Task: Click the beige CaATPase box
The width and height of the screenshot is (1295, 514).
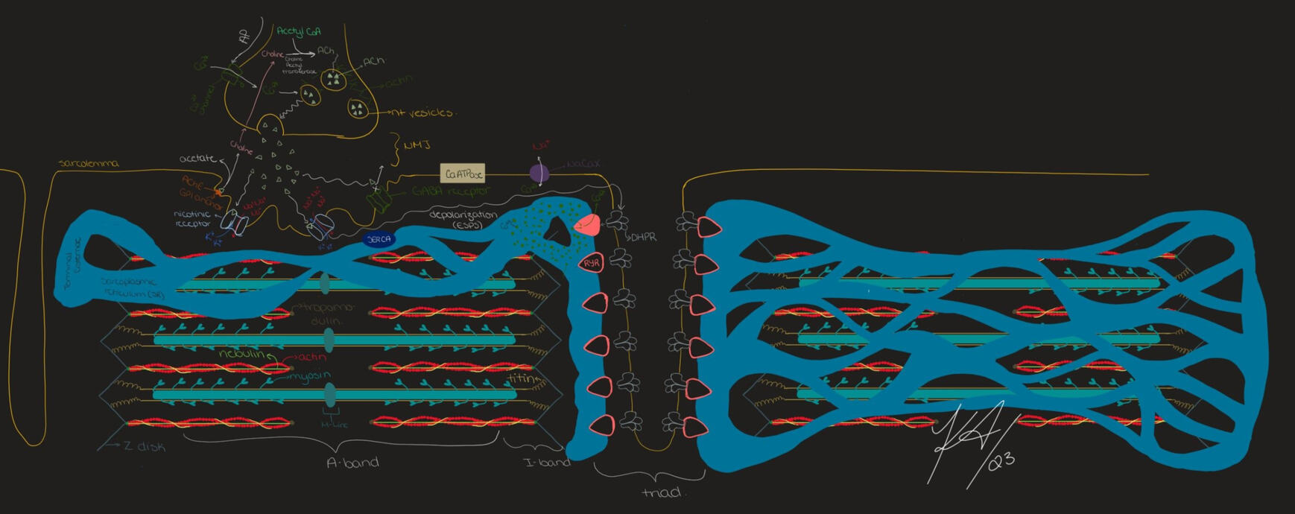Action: click(463, 174)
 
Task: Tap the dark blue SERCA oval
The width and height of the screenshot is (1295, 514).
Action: click(379, 239)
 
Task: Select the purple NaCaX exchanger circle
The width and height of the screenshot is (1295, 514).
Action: click(539, 174)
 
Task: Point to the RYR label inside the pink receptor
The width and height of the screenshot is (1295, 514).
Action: click(592, 263)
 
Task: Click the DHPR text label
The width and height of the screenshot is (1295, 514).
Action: click(643, 238)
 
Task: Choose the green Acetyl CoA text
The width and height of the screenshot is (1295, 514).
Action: click(299, 32)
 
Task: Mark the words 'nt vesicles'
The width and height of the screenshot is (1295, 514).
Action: click(422, 112)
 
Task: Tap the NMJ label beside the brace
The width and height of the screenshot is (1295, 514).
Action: click(417, 146)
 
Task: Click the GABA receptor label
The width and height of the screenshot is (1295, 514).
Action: click(451, 191)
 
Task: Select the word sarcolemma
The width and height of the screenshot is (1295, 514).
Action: click(89, 163)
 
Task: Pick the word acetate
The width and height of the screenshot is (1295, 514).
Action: click(198, 159)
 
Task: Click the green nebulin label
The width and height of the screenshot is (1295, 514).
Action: click(241, 354)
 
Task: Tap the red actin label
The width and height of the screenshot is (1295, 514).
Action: click(311, 358)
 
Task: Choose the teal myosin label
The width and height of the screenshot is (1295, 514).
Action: click(310, 376)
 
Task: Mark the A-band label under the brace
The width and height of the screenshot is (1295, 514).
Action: click(352, 463)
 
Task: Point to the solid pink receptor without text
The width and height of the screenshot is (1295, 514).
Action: click(588, 224)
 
